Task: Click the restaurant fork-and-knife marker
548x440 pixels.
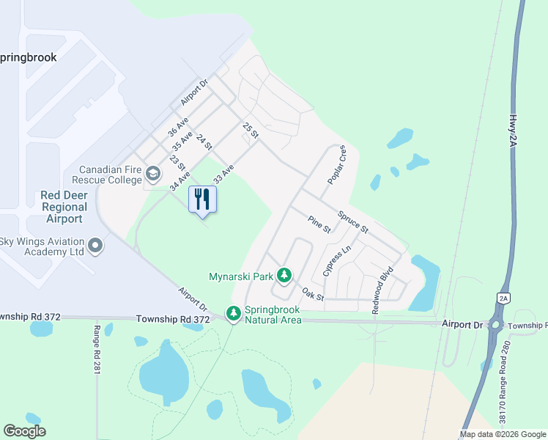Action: pos(203,199)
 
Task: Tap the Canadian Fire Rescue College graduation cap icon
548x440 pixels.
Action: pos(153,174)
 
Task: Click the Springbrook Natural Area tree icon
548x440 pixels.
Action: pos(234,314)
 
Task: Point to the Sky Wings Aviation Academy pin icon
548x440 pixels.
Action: pos(95,246)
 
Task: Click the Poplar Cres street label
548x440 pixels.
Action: pos(337,165)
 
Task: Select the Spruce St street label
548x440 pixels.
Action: pos(352,223)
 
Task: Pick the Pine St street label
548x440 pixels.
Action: pos(319,224)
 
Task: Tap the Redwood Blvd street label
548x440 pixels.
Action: pos(382,290)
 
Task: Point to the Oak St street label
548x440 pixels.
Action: pos(313,295)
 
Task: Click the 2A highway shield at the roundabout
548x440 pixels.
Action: pos(503,298)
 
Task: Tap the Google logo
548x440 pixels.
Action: pos(24,431)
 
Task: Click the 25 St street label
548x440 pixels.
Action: pos(251,131)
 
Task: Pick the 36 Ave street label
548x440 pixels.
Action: pos(178,127)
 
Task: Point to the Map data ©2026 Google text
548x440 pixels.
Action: pos(502,434)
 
